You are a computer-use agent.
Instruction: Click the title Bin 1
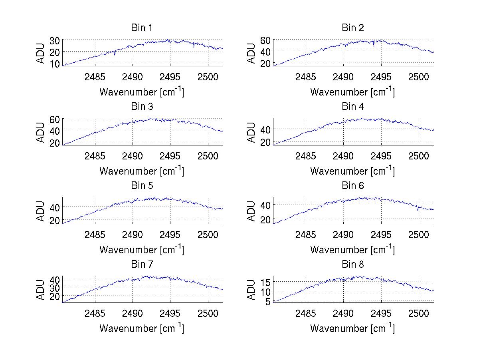(142, 28)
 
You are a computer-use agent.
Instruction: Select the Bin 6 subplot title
(353, 186)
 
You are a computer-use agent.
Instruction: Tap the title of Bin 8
(353, 265)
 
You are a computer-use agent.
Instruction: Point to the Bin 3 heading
(142, 107)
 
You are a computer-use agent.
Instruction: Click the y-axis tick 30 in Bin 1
(55, 40)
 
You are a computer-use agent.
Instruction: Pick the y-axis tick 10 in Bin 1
(55, 64)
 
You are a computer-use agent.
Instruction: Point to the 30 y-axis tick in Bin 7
(55, 287)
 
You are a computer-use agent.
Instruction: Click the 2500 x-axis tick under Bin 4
(418, 156)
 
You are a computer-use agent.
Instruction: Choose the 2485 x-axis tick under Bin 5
(95, 235)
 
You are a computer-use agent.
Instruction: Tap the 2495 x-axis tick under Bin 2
(381, 77)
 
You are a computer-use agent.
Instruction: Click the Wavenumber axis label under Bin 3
(142, 171)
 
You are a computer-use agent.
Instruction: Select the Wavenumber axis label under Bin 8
(353, 328)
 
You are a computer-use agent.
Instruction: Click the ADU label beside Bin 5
(40, 211)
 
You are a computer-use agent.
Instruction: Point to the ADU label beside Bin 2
(251, 53)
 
